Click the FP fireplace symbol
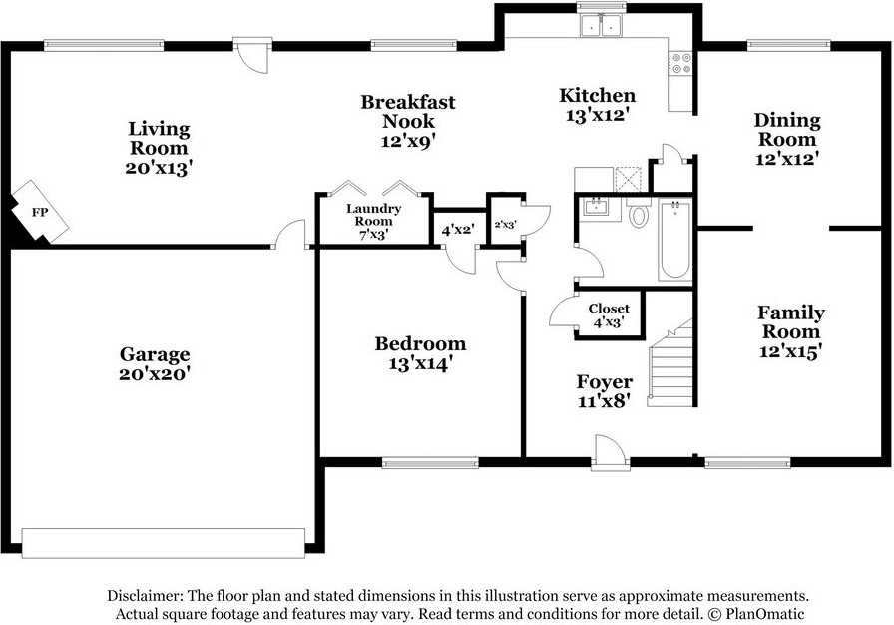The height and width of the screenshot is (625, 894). tap(40, 212)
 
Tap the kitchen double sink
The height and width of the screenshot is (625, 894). tap(601, 25)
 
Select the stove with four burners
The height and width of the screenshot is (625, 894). tap(680, 63)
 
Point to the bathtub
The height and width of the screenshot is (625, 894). tap(675, 239)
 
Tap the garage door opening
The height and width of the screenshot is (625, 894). tap(163, 543)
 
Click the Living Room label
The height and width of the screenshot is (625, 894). tap(159, 138)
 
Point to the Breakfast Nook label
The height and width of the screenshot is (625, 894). tap(408, 111)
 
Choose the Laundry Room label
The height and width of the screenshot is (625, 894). tap(373, 215)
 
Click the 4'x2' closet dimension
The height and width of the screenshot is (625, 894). tap(458, 230)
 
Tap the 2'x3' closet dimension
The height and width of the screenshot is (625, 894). tap(505, 225)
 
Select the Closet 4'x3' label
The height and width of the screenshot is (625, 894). tap(609, 315)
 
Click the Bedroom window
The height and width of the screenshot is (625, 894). tap(430, 462)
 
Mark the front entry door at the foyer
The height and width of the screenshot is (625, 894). tap(610, 454)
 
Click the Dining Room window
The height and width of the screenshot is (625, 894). tap(789, 45)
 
